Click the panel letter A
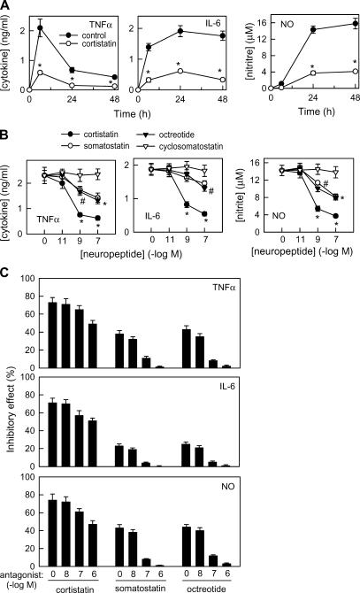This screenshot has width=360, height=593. [x=7, y=6]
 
